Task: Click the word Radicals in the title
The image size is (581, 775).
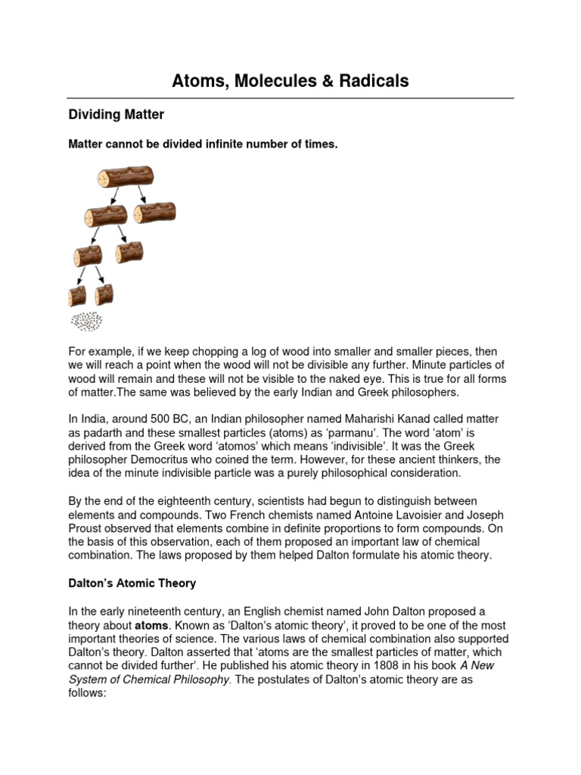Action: pos(371,81)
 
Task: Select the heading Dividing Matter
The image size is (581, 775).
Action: pos(116,115)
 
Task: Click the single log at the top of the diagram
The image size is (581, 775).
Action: pos(125,178)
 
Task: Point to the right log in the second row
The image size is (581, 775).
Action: pos(154,213)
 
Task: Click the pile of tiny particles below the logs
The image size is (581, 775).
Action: pos(88,321)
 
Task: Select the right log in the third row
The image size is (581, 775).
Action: pos(129,251)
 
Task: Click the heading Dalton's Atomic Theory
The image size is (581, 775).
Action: pos(132,583)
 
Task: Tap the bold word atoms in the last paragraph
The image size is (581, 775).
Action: pos(152,626)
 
